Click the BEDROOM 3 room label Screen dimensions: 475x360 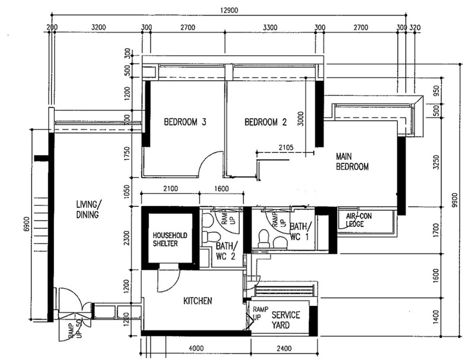[x=185, y=122]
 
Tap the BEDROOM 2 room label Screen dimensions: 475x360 [x=265, y=122]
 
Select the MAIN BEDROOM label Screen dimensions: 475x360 [x=352, y=162]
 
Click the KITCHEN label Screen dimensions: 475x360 [x=198, y=301]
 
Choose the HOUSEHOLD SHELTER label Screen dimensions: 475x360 [x=170, y=239]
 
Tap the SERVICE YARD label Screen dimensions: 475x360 [x=286, y=320]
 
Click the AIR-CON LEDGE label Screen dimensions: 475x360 [x=359, y=220]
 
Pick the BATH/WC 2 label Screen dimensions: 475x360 [x=227, y=251]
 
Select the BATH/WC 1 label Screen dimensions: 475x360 [x=300, y=232]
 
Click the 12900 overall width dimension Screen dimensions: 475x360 [x=229, y=10]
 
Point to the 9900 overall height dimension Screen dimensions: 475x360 [x=454, y=200]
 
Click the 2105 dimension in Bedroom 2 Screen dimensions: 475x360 [x=286, y=147]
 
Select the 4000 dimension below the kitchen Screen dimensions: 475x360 [x=196, y=349]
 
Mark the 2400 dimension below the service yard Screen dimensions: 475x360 [x=284, y=349]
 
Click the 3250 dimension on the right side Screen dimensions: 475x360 [x=436, y=162]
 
